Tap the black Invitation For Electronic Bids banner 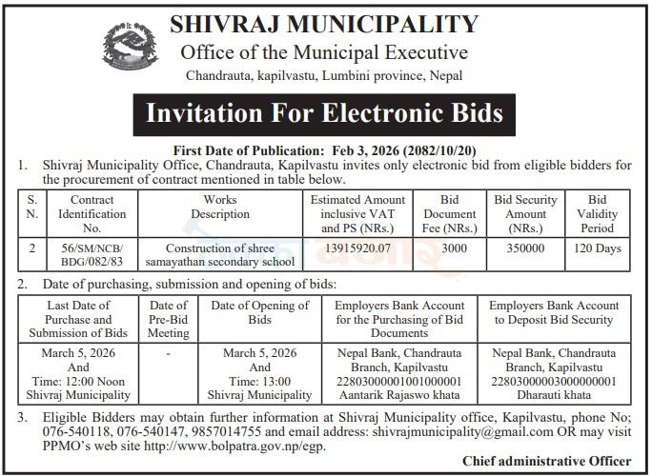(324, 112)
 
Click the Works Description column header (220, 207)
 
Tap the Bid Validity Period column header (598, 214)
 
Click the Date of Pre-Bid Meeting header (169, 319)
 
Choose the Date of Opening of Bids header (260, 312)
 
